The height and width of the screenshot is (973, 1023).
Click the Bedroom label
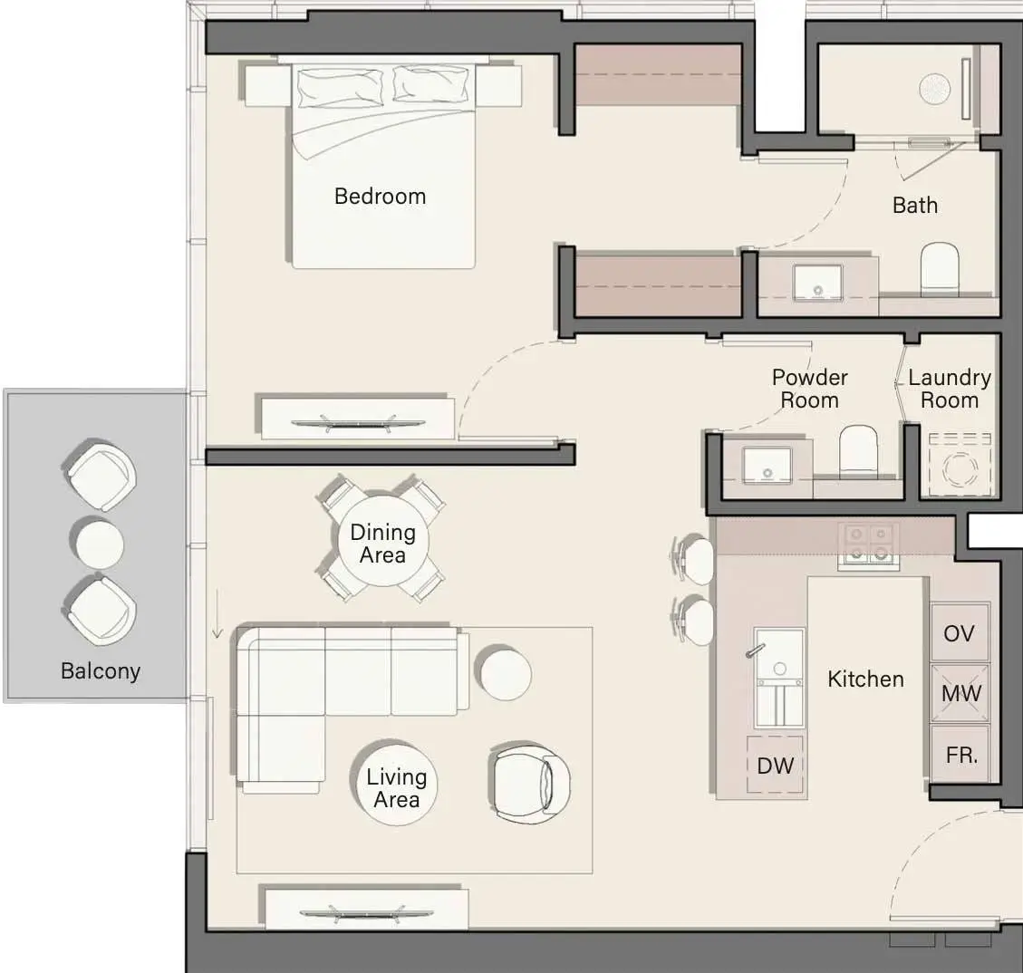coord(380,197)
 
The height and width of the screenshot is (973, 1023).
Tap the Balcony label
coord(101,671)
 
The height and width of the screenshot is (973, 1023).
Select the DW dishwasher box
coord(775,765)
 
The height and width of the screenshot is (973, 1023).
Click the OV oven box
coord(960,632)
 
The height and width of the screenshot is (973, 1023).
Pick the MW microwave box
coord(960,693)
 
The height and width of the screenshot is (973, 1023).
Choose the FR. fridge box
coord(960,754)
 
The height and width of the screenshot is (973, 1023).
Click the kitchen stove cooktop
coord(868,544)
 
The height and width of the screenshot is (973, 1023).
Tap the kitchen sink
coord(779,678)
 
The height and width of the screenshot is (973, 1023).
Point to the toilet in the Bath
coord(940,268)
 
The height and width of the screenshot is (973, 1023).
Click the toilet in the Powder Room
coord(858,450)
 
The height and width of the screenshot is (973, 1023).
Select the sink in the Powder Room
coord(767,465)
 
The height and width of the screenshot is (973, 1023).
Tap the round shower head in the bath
coord(935,88)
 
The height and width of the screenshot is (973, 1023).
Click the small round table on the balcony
coord(97,544)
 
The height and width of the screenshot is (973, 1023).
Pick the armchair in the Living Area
coord(531,782)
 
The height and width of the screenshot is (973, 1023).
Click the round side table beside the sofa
coord(506,674)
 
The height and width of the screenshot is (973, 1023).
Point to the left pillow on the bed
coord(340,87)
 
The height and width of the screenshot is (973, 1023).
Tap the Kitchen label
coord(865,679)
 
